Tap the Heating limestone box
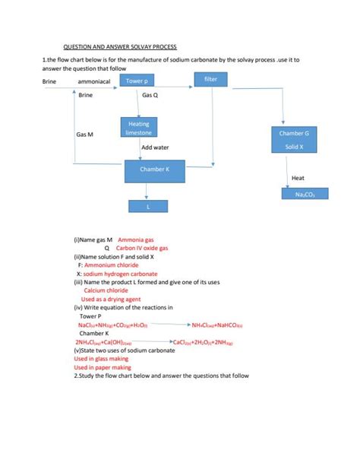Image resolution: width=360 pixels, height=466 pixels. coord(139,128)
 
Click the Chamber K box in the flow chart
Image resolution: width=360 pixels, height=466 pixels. coord(155,171)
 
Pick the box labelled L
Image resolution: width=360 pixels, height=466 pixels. coord(149,206)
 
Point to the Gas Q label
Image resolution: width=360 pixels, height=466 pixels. coord(150,96)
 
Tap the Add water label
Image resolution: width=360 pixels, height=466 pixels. coord(155,147)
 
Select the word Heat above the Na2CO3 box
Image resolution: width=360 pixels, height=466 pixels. coord(298,178)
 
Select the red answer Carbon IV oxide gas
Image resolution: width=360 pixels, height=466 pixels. coord(142,249)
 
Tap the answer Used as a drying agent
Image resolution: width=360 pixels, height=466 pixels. coord(109,299)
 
